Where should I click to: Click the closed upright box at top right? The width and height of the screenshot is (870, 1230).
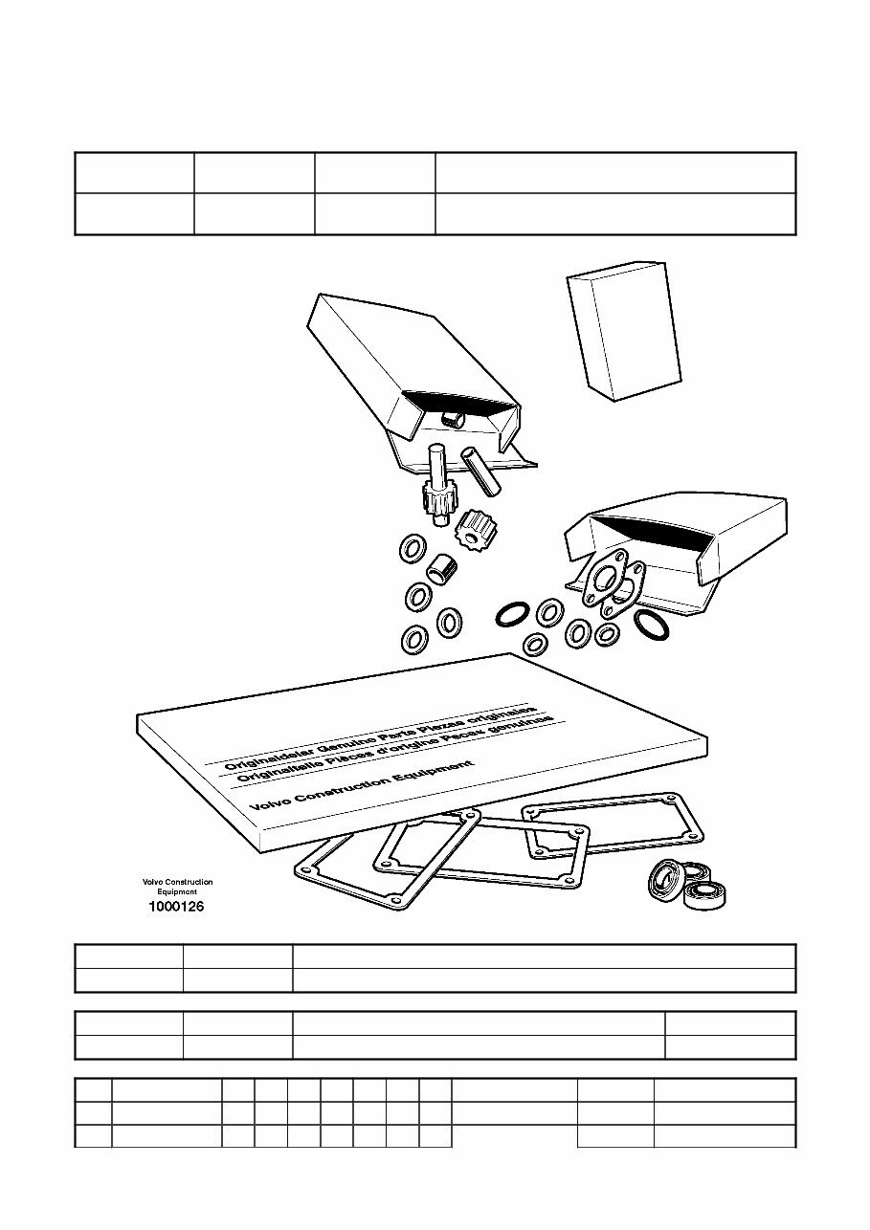click(x=624, y=332)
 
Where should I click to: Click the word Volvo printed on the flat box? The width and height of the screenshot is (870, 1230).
click(x=270, y=803)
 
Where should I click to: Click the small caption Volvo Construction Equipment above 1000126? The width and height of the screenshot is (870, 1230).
click(x=177, y=887)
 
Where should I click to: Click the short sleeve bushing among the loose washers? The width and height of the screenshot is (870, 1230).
click(x=442, y=567)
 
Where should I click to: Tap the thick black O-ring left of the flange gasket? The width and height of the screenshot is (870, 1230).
click(x=513, y=615)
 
